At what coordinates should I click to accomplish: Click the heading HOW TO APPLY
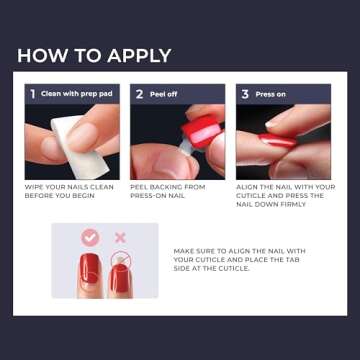click(94, 55)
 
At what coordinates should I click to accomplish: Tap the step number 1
click(33, 94)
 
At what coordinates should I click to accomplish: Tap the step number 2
click(140, 94)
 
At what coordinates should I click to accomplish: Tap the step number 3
click(244, 94)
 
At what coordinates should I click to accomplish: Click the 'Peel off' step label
click(165, 94)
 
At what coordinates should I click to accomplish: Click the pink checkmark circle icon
click(90, 238)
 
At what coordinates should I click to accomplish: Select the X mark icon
click(121, 238)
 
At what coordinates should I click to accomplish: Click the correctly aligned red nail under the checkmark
click(90, 273)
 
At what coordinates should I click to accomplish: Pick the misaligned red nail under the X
click(121, 272)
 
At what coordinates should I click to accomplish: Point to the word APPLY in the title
click(132, 55)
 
